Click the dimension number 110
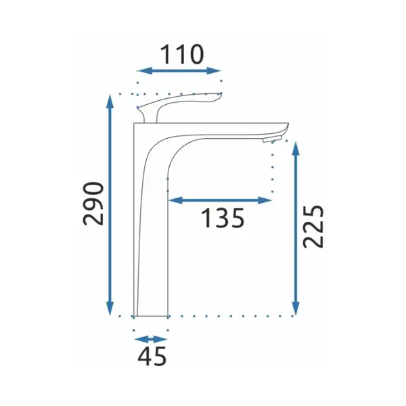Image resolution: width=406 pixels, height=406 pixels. point(182,54)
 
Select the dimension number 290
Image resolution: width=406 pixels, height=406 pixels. point(93,204)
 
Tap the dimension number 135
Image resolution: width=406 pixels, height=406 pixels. point(223,218)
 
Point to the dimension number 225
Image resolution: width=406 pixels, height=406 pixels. point(313,227)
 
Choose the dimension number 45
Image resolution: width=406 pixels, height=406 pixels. point(152,357)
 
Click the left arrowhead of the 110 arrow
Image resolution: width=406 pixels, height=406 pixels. point(144,70)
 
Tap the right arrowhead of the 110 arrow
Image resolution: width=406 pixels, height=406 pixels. point(213,70)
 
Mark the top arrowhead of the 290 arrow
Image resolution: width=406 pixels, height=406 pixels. point(110,101)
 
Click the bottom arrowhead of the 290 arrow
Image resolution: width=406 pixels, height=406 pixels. point(110,309)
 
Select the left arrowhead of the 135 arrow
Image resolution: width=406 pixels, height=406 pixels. point(175,200)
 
